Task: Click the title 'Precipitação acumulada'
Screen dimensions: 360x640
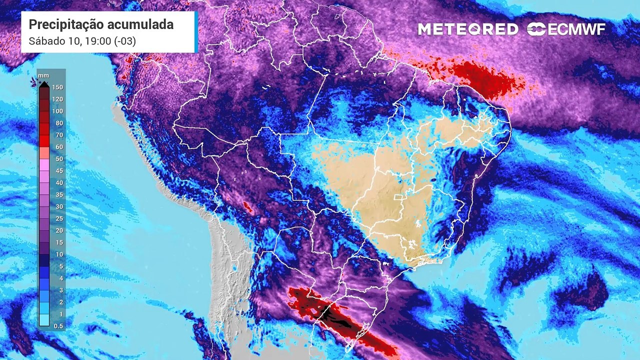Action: [101, 24]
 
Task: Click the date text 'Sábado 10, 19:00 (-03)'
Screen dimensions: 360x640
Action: [82, 41]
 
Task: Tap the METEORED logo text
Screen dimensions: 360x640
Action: [468, 29]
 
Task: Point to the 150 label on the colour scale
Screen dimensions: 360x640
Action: [57, 87]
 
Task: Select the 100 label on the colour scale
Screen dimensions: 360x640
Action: [57, 111]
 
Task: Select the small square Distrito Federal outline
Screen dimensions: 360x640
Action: [398, 198]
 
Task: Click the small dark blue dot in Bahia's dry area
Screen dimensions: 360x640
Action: [433, 179]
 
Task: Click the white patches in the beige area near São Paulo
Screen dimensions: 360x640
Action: [411, 245]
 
